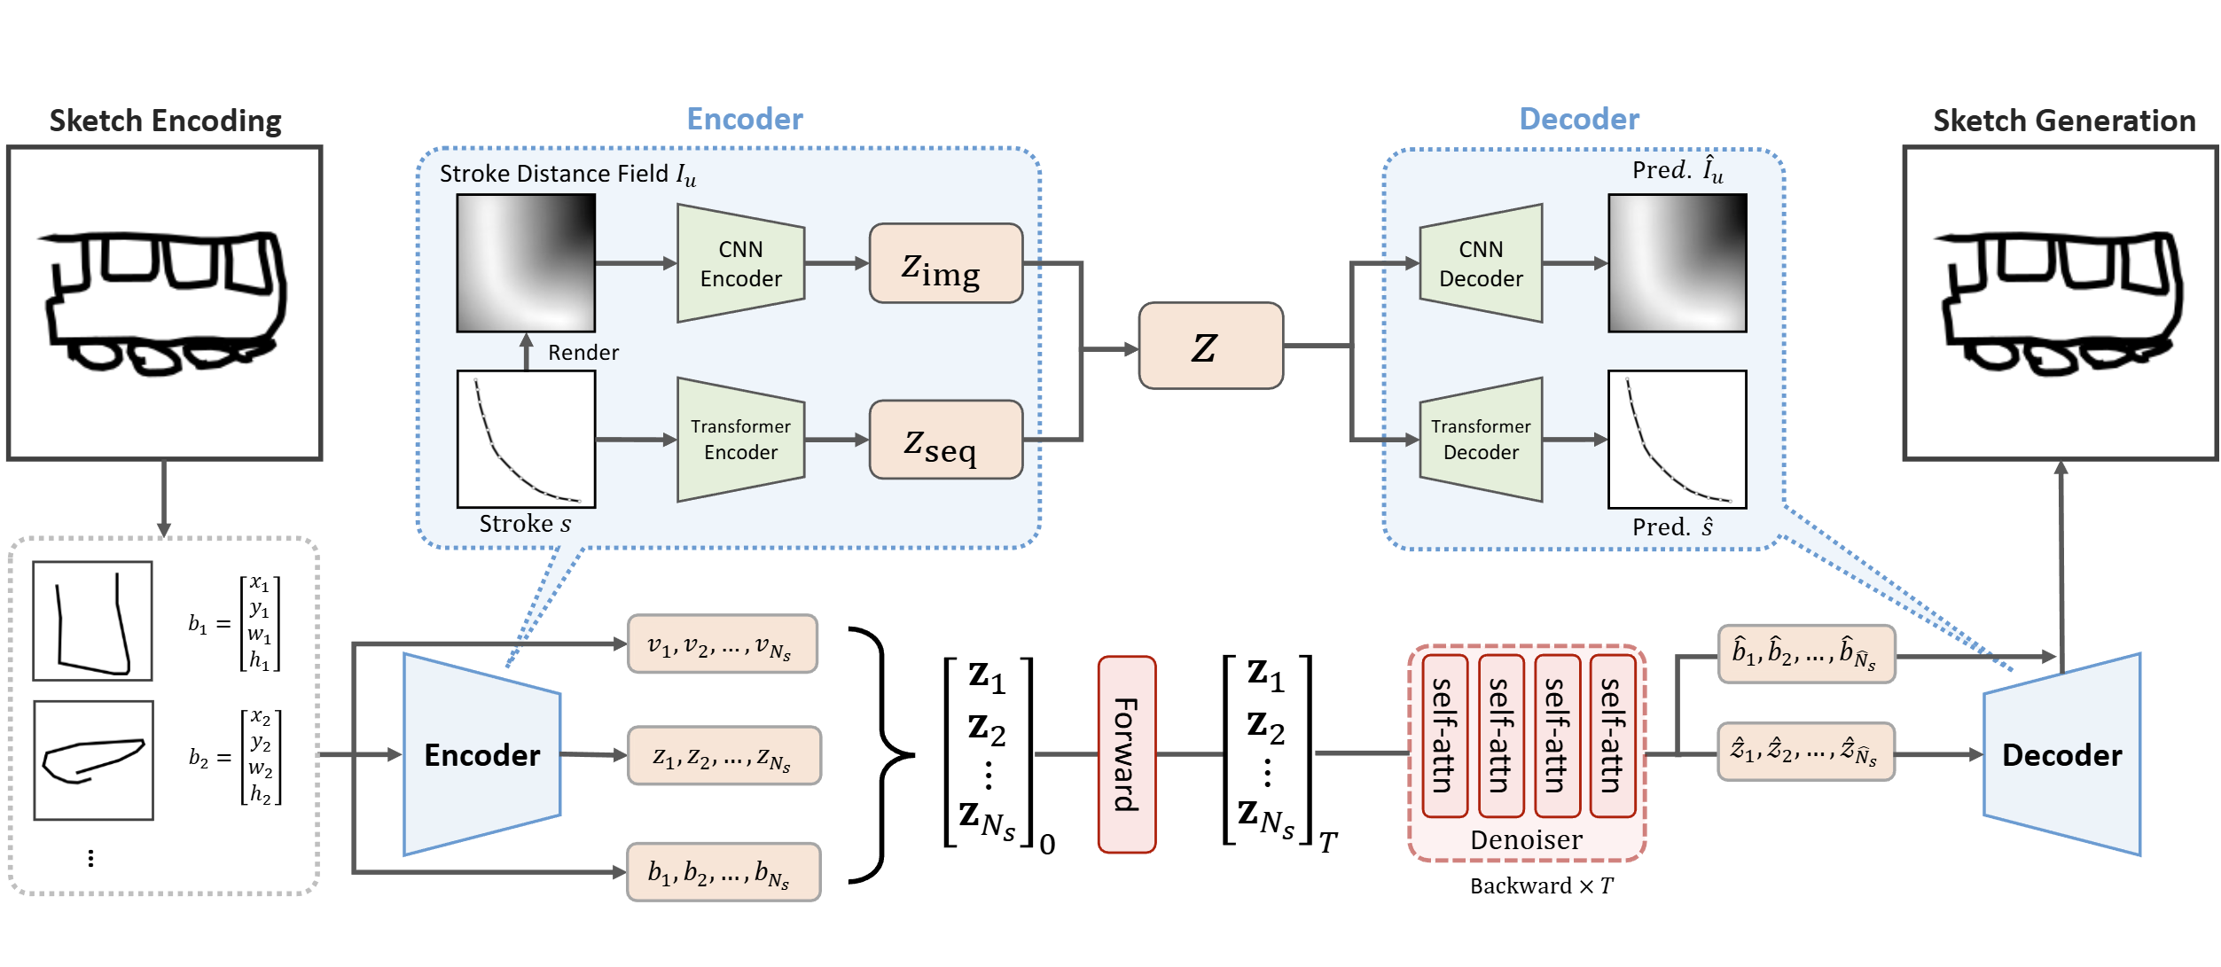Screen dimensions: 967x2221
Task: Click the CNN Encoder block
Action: point(740,264)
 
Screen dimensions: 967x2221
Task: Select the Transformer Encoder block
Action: point(740,440)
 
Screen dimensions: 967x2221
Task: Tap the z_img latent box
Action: point(945,264)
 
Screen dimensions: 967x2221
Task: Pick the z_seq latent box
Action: point(945,440)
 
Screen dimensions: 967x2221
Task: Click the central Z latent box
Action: point(1210,346)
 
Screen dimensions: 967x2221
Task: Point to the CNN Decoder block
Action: point(1481,264)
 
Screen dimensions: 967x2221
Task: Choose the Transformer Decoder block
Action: point(1481,440)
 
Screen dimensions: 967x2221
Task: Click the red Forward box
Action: point(1126,754)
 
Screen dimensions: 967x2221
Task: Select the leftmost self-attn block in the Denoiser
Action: point(1444,736)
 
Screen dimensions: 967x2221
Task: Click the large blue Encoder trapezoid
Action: point(481,754)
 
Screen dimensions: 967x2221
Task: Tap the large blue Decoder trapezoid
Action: point(2061,754)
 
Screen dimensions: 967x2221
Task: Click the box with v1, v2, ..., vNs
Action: point(722,644)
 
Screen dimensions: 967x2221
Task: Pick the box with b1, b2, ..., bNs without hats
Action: point(722,872)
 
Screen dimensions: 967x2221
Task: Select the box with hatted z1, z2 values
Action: point(1805,752)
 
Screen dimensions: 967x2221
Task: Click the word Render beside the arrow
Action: point(583,353)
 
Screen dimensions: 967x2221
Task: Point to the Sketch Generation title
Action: point(2063,121)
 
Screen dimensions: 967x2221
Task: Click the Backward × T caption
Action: point(1541,885)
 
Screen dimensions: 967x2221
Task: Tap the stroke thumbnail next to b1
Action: point(92,620)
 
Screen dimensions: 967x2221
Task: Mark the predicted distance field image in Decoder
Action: point(1677,263)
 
